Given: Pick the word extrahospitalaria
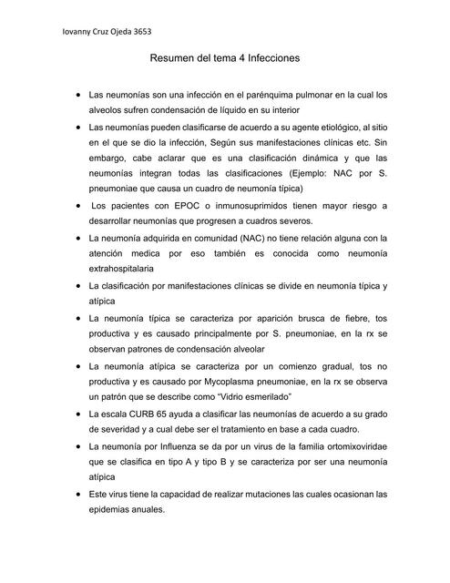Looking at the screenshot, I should [x=121, y=270].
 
